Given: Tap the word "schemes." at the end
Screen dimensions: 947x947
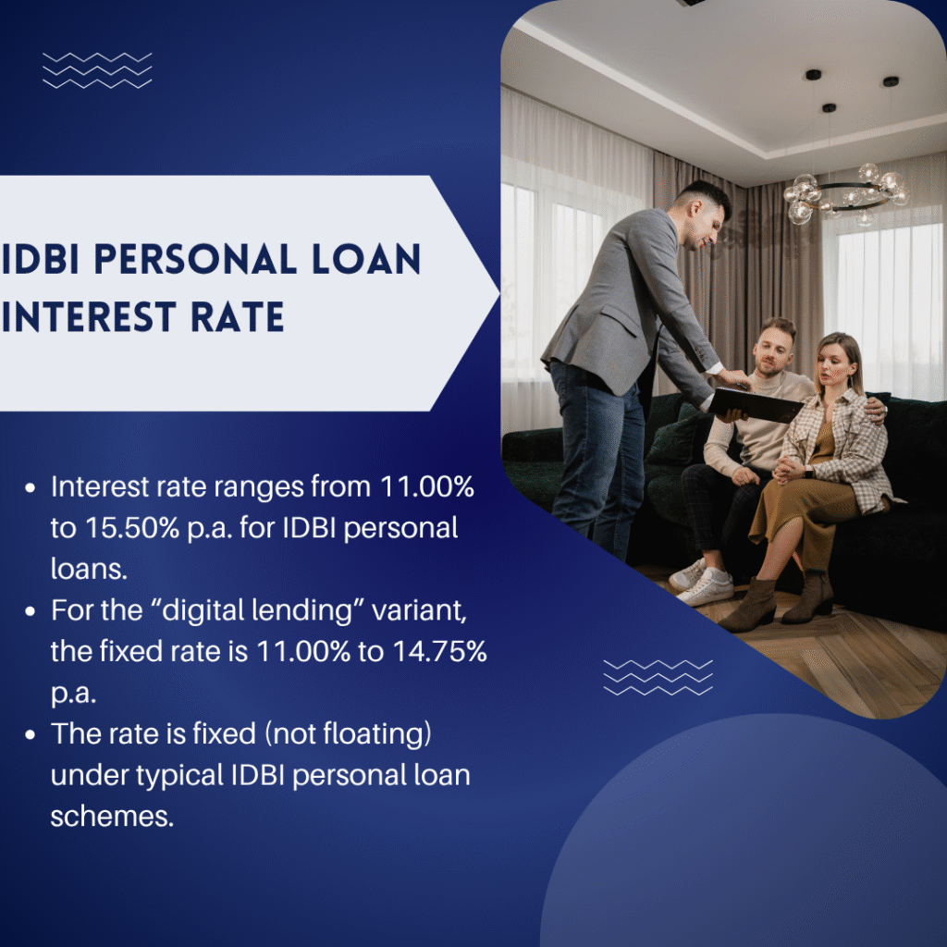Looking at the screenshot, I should point(112,817).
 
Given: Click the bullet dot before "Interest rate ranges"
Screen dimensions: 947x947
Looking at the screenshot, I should point(33,487).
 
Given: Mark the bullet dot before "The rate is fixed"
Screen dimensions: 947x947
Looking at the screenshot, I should point(33,735).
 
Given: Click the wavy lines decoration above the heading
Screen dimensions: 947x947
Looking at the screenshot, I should point(97,71).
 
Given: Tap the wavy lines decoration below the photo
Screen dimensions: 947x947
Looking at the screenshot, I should point(658,677).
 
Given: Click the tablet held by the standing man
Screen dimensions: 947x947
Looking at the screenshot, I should point(756,404).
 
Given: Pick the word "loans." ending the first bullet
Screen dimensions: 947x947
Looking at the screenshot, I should point(89,569).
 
